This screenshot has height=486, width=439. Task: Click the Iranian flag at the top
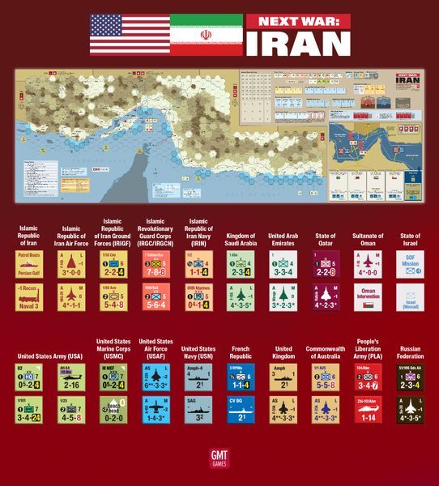(x=206, y=34)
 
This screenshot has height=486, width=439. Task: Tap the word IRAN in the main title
(x=298, y=42)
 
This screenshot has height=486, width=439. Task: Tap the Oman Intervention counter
(x=367, y=297)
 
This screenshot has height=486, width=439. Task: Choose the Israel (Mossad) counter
(x=410, y=297)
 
